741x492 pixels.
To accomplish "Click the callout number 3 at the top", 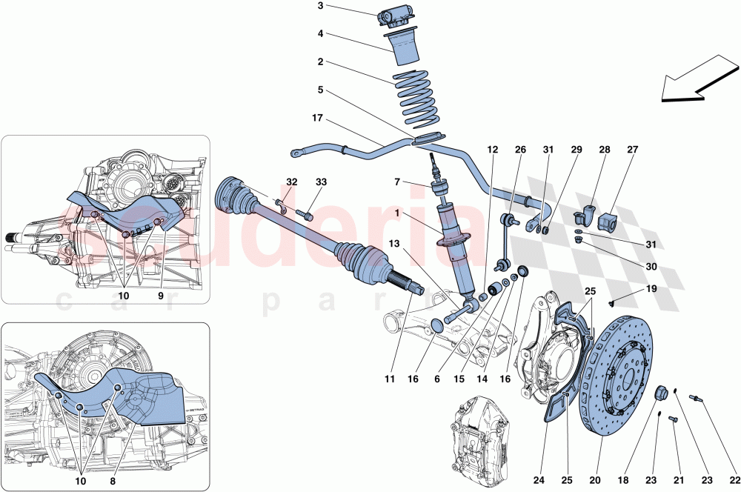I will click(x=320, y=7).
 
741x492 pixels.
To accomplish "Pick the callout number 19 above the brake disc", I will click(x=651, y=288).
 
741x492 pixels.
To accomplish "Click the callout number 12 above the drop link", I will click(x=493, y=150).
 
